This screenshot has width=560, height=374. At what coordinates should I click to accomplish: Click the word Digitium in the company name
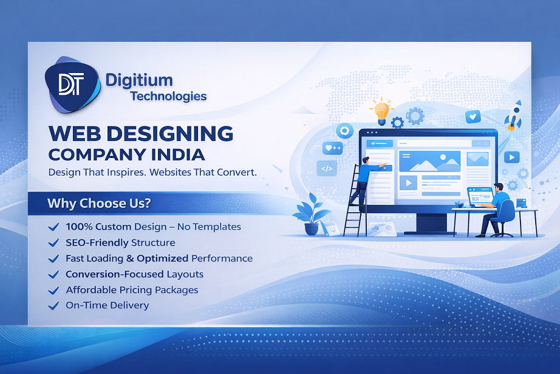click(138, 80)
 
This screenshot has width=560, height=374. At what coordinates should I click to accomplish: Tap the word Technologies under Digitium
click(168, 96)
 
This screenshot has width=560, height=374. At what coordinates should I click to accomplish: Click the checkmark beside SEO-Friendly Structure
click(53, 243)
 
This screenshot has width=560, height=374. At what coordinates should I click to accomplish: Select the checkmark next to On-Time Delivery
click(53, 306)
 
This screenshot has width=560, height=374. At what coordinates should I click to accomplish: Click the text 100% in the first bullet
click(79, 227)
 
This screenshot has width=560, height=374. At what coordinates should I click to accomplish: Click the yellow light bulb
click(381, 111)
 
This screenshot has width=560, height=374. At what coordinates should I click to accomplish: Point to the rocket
click(514, 116)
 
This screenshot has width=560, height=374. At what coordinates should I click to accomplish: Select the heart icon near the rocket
click(472, 116)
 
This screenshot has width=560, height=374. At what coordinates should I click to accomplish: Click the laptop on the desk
click(480, 197)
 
